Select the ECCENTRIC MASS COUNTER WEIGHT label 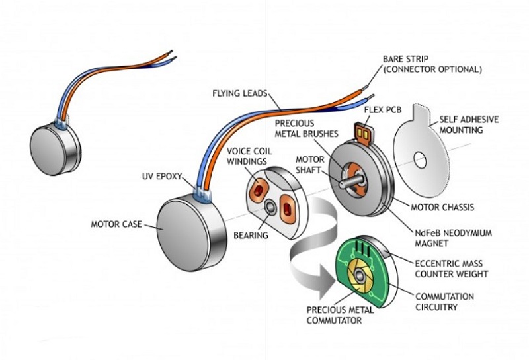[x=451, y=268]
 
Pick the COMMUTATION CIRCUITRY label [x=444, y=301]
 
